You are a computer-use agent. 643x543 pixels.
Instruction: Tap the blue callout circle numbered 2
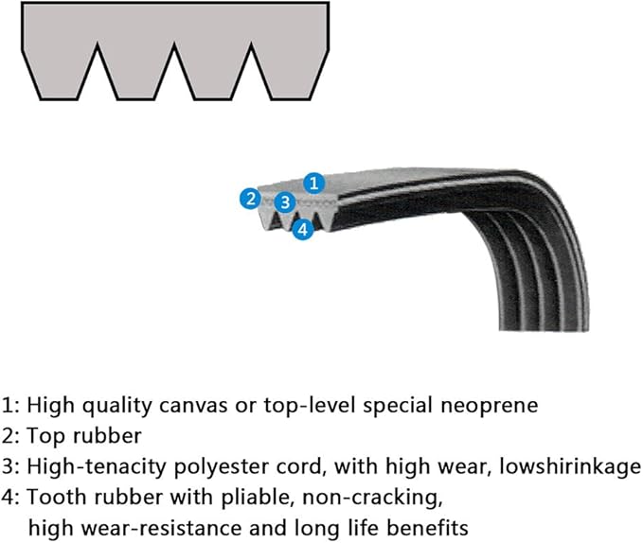250,198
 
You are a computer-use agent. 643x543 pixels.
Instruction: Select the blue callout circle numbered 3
284,201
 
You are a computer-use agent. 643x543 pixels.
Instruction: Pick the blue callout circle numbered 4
302,229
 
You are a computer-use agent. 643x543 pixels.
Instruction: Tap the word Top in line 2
44,436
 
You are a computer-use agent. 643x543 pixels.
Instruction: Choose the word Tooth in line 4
53,497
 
